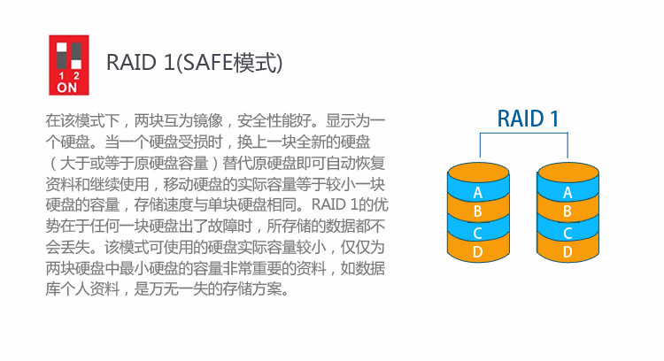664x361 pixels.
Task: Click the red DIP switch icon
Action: (x=69, y=65)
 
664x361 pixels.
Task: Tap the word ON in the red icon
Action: (x=67, y=88)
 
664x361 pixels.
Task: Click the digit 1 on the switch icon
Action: (x=61, y=76)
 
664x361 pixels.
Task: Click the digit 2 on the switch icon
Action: (x=76, y=76)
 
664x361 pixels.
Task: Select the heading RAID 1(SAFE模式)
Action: (x=194, y=63)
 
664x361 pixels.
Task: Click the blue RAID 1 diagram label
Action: (x=528, y=119)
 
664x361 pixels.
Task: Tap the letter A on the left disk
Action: (x=478, y=193)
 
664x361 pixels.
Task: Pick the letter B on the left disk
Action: (x=478, y=211)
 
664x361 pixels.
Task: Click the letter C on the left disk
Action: (x=478, y=234)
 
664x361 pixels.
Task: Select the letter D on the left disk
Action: (x=478, y=252)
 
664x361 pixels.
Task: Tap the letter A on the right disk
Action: (x=567, y=193)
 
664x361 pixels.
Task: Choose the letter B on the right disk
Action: (x=567, y=211)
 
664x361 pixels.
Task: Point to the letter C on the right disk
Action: (x=567, y=234)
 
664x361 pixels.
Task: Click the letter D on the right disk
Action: (x=567, y=252)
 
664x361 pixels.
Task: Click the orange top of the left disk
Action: (x=478, y=173)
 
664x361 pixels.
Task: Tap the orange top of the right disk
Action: (x=567, y=173)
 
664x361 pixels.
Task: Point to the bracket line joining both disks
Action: (x=524, y=134)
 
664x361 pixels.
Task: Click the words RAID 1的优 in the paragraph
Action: (x=350, y=205)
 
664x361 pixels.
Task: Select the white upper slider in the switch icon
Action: (x=61, y=47)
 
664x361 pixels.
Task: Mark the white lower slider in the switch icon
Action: (x=76, y=65)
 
